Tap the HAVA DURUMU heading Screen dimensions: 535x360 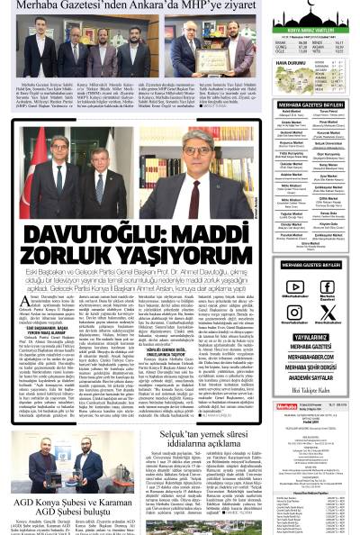point(287,64)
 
